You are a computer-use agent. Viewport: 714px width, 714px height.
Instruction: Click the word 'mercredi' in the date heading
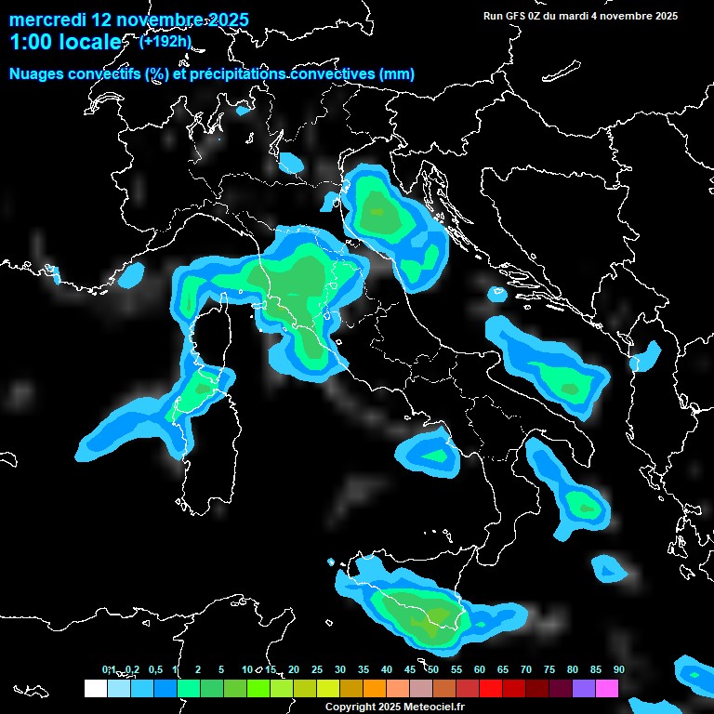click(x=41, y=20)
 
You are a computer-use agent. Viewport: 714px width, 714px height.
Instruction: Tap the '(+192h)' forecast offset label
click(x=165, y=41)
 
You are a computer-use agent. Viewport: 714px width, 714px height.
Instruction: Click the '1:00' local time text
click(x=30, y=42)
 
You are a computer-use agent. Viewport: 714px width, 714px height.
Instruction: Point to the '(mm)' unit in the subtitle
click(x=398, y=73)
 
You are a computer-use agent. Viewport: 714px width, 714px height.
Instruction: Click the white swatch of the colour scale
click(x=95, y=688)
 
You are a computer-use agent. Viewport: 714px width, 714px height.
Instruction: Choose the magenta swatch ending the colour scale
click(x=607, y=688)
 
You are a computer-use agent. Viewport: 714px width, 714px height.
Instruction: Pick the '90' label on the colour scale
click(x=618, y=669)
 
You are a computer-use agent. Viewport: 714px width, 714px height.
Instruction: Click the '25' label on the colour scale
click(x=316, y=669)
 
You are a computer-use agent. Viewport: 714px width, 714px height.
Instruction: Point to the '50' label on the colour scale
click(x=433, y=669)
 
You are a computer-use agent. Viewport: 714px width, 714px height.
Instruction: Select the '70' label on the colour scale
click(x=526, y=669)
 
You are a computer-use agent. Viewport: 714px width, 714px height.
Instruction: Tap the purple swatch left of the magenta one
click(x=584, y=688)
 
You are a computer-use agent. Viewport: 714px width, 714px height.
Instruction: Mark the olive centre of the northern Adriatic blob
click(x=377, y=212)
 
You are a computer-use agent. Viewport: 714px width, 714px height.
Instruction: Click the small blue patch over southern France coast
click(x=133, y=274)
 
